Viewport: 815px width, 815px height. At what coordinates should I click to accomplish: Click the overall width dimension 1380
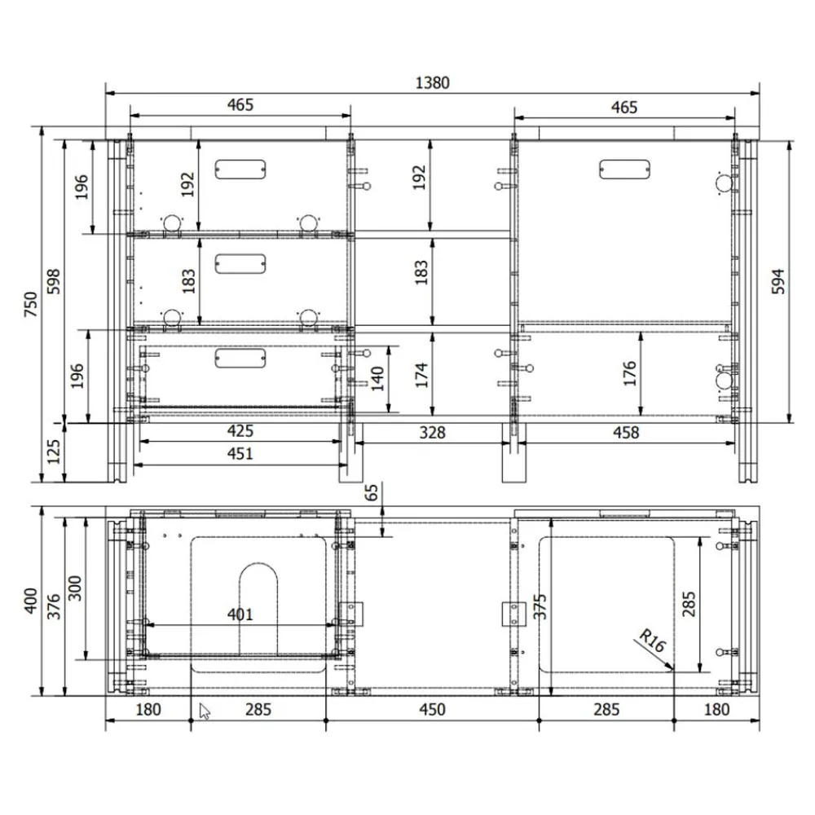tap(432, 82)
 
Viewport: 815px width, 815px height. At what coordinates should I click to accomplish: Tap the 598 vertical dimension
tap(54, 282)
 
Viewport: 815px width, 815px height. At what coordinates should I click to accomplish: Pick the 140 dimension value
tap(378, 377)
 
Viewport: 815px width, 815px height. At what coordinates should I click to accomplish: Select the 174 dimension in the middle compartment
tap(421, 376)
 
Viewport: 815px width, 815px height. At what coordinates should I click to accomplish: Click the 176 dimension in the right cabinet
tap(628, 372)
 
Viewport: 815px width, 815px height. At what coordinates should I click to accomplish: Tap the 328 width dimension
tap(432, 433)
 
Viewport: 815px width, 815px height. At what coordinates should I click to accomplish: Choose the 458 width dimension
tap(626, 433)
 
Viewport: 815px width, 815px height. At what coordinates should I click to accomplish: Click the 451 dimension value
tap(240, 454)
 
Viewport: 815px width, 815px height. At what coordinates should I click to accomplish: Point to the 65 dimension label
tap(372, 493)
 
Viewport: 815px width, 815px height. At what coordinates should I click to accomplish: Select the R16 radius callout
tap(652, 641)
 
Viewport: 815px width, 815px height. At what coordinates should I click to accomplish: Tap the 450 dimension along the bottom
tap(432, 709)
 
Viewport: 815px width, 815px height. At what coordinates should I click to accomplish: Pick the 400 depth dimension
tap(31, 601)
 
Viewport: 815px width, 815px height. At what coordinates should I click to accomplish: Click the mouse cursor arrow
tap(205, 711)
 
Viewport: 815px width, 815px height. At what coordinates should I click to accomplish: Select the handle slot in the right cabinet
tap(625, 169)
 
